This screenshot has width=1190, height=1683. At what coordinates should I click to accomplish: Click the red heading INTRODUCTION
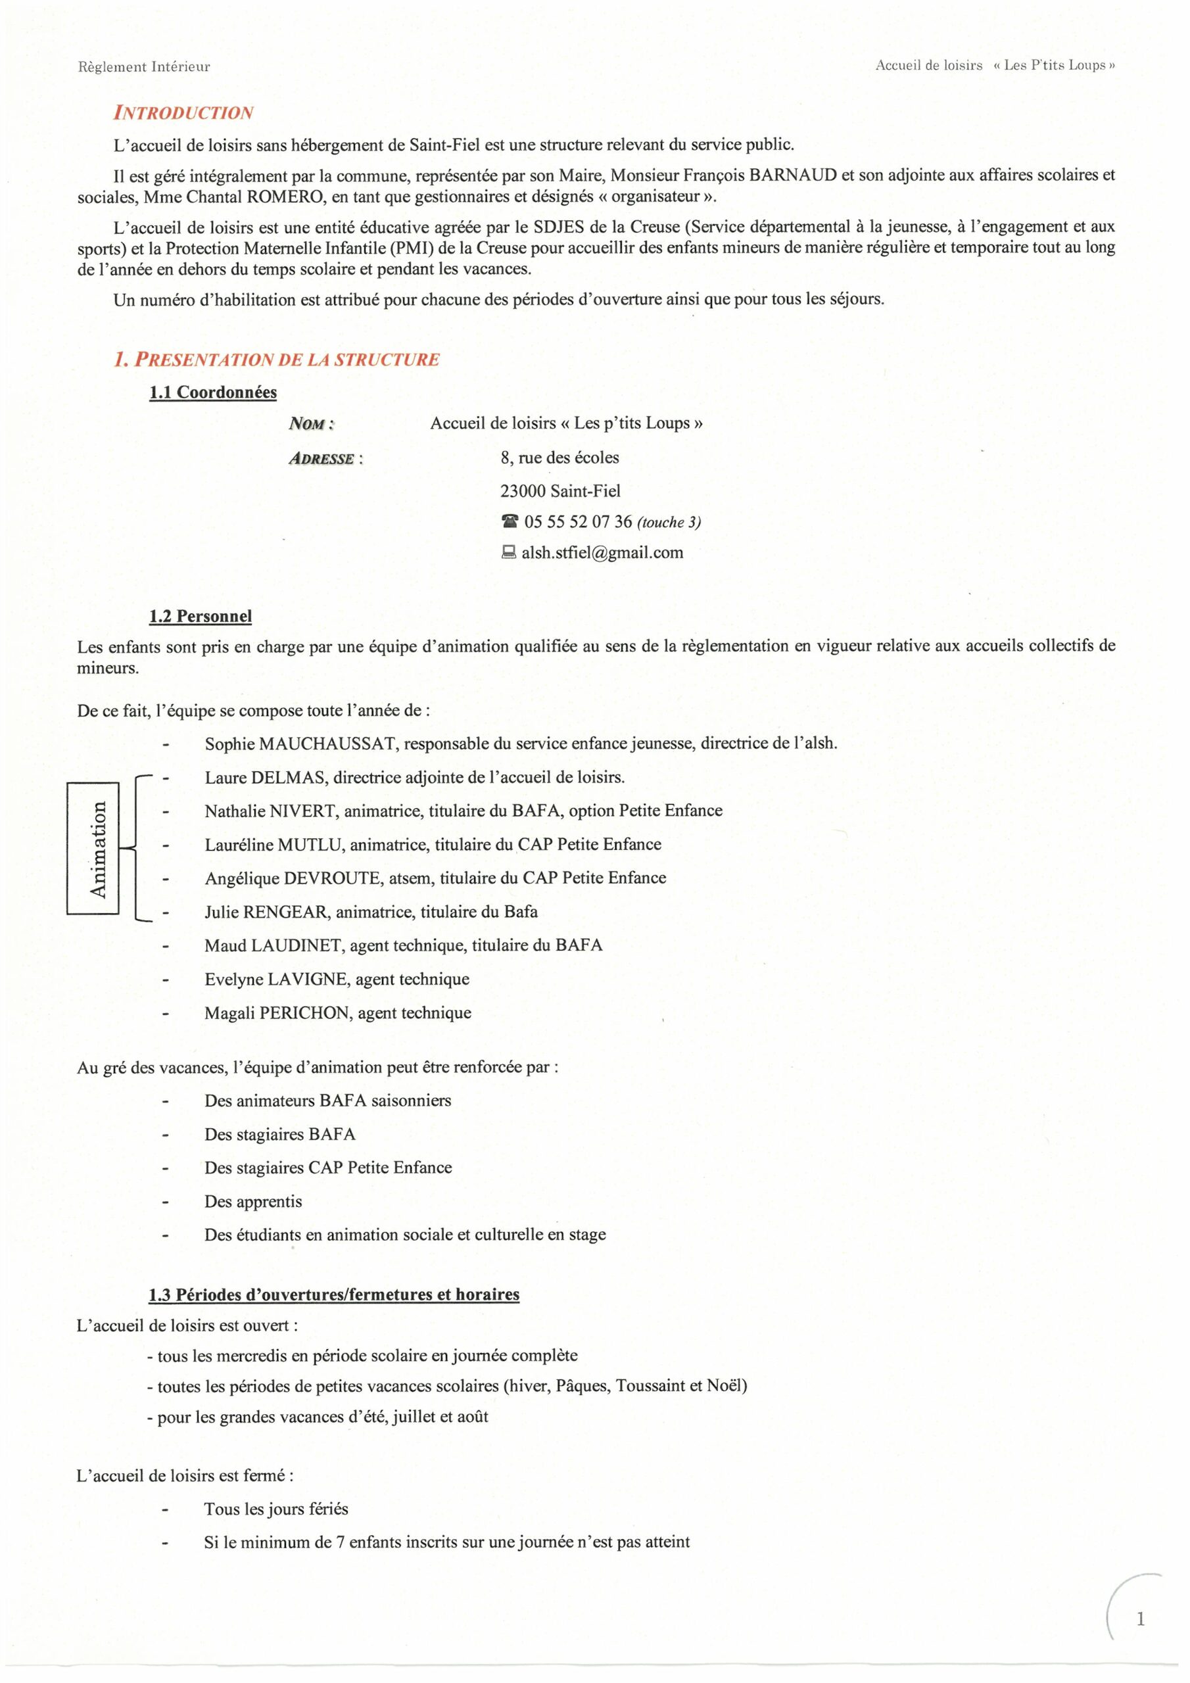pos(183,113)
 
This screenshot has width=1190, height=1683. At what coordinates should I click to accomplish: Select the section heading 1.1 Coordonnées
pos(212,392)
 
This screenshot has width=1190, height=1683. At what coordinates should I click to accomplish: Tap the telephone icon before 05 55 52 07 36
pos(510,522)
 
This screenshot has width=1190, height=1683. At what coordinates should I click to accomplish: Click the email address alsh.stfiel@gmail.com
pos(602,553)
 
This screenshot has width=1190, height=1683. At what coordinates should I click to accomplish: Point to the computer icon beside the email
pos(508,553)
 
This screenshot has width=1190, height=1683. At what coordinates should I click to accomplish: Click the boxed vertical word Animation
pos(97,849)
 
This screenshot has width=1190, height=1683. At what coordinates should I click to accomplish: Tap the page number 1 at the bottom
pos(1139,1619)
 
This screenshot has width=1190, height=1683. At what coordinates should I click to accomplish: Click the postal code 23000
pos(523,491)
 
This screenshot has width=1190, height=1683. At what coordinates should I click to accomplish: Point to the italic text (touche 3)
pos(669,523)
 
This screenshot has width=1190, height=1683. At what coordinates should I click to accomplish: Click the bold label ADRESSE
pos(322,459)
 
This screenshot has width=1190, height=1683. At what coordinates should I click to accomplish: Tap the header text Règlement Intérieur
pos(144,66)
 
